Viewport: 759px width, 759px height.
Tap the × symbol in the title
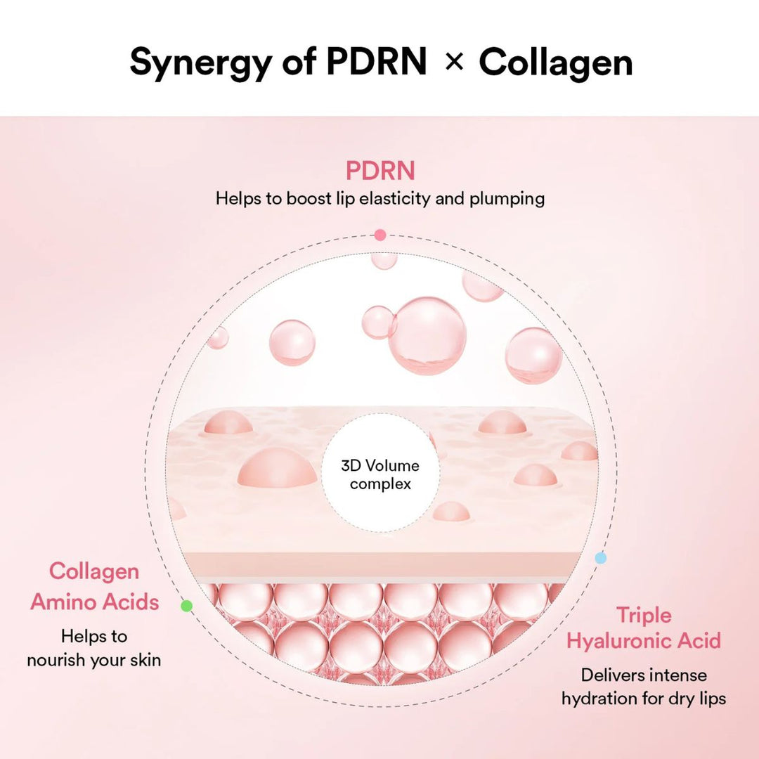(x=455, y=63)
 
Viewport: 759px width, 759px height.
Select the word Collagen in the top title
(x=555, y=63)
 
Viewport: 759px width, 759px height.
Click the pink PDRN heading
(x=379, y=171)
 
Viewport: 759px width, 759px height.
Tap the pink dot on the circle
(x=380, y=235)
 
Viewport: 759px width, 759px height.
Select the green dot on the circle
(x=186, y=605)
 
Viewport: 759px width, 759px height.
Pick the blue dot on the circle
(x=600, y=558)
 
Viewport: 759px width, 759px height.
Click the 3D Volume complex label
(x=380, y=474)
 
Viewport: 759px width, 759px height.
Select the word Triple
(x=644, y=615)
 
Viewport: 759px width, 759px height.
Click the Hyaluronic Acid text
(x=644, y=641)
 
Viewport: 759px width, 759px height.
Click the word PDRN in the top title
(x=377, y=63)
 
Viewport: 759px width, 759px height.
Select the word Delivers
(x=612, y=675)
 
